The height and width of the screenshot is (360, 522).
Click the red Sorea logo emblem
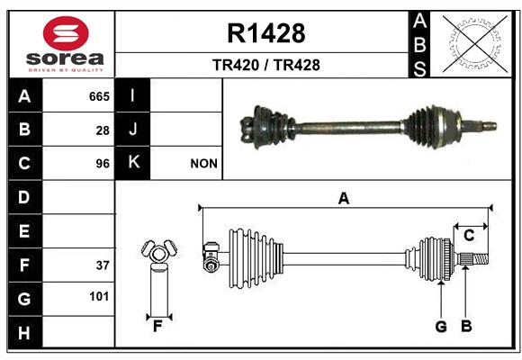pos(66,33)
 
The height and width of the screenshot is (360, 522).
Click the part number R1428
pos(266,33)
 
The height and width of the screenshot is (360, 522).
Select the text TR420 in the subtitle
pos(236,65)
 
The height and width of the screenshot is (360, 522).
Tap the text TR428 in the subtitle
pos(297,65)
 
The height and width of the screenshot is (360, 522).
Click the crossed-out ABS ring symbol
pos(475,44)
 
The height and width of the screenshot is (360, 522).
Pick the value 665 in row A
pos(99,96)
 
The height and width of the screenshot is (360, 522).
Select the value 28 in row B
pos(103,130)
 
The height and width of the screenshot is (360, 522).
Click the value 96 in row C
pos(103,164)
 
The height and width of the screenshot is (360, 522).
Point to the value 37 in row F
pos(103,265)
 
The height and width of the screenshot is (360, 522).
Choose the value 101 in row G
pos(99,296)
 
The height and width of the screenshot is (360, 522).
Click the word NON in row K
pos(203,164)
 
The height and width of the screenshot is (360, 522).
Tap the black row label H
pos(24,332)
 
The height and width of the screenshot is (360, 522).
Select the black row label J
pos(132,130)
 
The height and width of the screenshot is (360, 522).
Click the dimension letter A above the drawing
pos(344,199)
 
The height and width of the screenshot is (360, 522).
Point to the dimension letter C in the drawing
pos(469,236)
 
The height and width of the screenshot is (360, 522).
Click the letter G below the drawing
pos(441,327)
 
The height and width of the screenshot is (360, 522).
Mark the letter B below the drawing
pos(466,326)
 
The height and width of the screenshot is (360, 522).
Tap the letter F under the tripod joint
pos(157,327)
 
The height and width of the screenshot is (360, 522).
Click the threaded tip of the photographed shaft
pos(490,126)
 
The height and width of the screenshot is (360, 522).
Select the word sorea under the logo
pos(65,58)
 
